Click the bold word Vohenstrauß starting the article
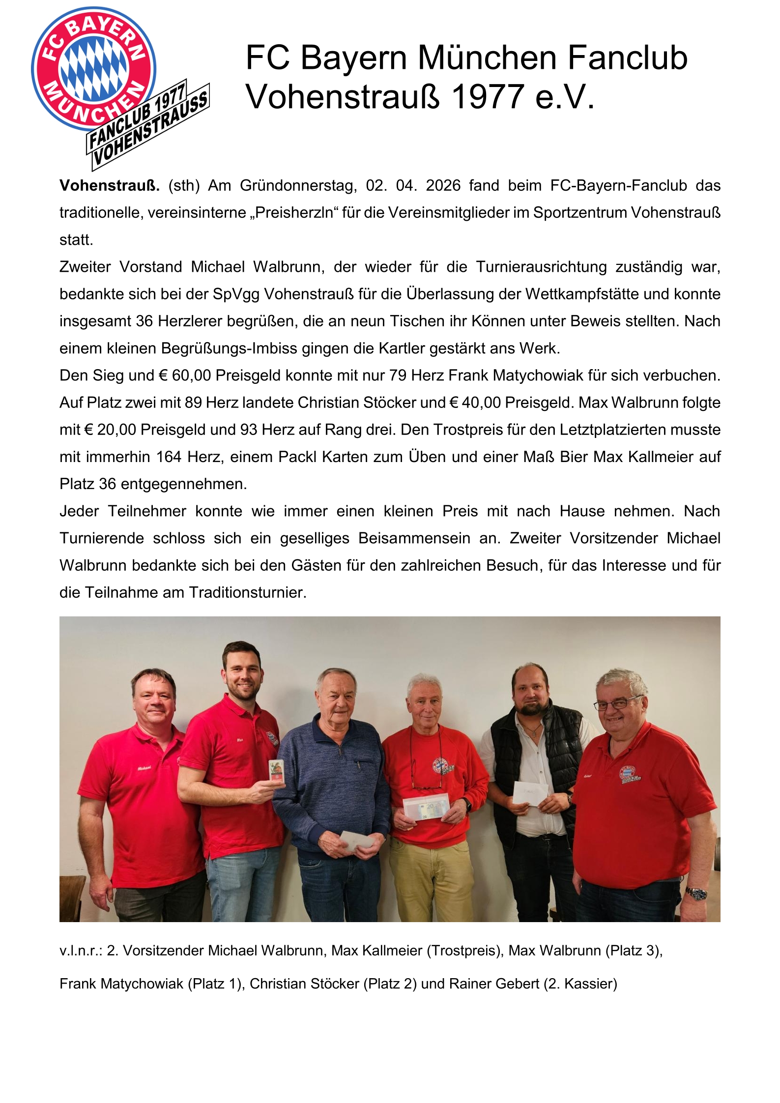point(109,186)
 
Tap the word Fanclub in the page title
point(627,58)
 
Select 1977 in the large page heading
point(487,96)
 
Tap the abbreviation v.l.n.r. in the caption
point(81,951)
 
